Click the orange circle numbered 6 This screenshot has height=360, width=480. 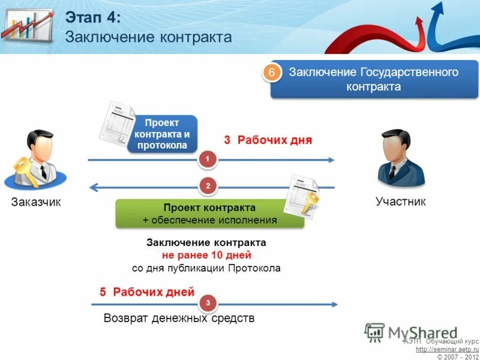[x=271, y=73]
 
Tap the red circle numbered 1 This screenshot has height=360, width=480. [x=208, y=159]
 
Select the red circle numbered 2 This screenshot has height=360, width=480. [x=208, y=187]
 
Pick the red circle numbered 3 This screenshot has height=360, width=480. [x=208, y=304]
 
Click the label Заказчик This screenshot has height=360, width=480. [x=36, y=202]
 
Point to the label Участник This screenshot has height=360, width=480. [x=400, y=202]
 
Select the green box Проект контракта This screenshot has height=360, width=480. [x=209, y=214]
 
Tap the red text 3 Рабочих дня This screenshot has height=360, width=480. [x=268, y=140]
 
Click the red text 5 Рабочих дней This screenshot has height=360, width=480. [x=147, y=292]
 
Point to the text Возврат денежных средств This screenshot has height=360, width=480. [x=179, y=318]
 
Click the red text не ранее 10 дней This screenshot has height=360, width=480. [x=206, y=255]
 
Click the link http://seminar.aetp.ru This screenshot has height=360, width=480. [x=447, y=349]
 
